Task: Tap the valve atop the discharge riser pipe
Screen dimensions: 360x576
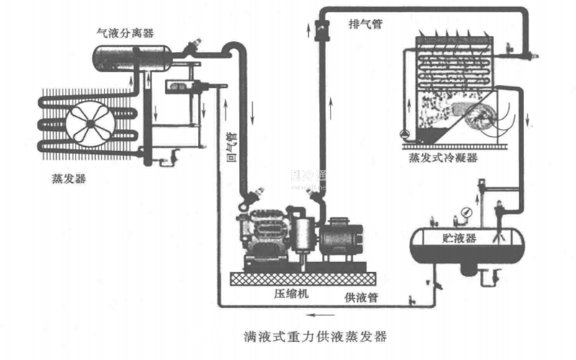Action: pos(319,28)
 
